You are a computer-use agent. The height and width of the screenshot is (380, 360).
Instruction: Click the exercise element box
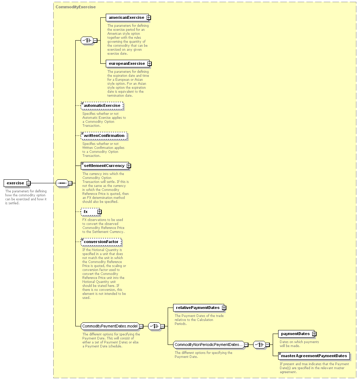pos(16,183)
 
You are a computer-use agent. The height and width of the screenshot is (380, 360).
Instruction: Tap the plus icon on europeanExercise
pos(150,63)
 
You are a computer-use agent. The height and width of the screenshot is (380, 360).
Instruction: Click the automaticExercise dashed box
pos(102,106)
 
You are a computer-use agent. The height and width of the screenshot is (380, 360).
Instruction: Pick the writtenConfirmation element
pos(104,136)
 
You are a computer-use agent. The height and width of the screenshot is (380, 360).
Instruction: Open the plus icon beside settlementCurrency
pos(129,166)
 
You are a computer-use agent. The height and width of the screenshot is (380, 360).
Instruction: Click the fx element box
pos(90,212)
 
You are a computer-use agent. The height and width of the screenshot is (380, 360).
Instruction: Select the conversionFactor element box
pos(101,242)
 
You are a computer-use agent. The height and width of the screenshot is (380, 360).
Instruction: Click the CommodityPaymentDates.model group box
pos(110,326)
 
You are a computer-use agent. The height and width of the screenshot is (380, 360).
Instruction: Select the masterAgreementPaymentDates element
pos(314,356)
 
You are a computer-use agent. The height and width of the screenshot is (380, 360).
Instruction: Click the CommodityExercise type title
pos(76,7)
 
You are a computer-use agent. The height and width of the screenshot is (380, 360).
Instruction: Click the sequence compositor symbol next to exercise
pos(62,183)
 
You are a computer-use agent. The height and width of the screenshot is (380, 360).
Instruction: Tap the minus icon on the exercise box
pos(29,183)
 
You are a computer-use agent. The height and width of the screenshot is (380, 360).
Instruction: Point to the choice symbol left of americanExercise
pos(87,41)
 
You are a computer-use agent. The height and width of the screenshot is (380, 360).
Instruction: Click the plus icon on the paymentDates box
pos(314,334)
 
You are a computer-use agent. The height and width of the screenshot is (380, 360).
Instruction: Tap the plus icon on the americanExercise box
pos(149,17)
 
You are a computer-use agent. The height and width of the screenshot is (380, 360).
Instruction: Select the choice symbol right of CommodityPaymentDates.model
pos(154,326)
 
